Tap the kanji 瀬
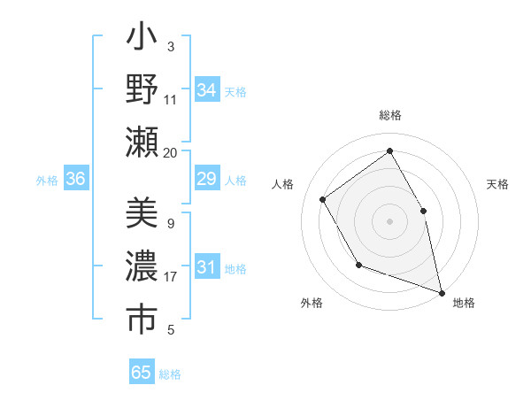click(142, 142)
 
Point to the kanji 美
click(142, 213)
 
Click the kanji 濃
click(142, 266)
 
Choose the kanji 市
click(142, 320)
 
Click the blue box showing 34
click(206, 90)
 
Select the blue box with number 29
click(206, 180)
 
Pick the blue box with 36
click(75, 180)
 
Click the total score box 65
click(142, 373)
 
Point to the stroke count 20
click(170, 152)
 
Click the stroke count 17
click(171, 277)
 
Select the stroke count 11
click(171, 99)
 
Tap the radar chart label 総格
click(389, 116)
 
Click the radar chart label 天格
click(498, 184)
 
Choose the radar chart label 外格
click(312, 304)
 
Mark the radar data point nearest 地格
click(441, 291)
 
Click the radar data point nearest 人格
click(323, 199)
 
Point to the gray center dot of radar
click(389, 220)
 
